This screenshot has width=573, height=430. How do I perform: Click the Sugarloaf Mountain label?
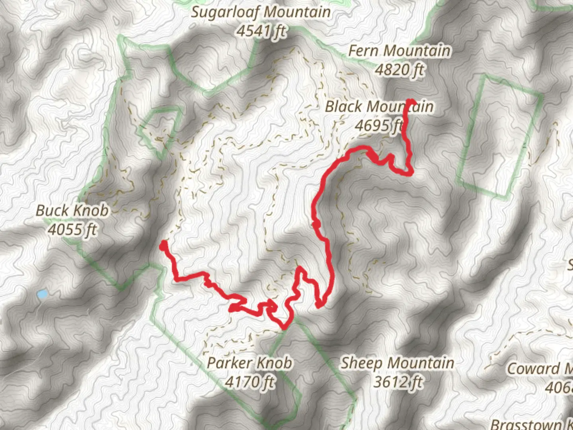(x=261, y=12)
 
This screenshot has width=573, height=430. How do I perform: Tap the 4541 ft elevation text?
(x=261, y=31)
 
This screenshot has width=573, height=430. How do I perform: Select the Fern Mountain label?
(x=400, y=51)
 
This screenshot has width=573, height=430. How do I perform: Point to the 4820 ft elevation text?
(x=400, y=70)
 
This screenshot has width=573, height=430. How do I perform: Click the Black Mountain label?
(x=379, y=107)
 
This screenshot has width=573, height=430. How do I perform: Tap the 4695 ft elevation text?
(x=379, y=126)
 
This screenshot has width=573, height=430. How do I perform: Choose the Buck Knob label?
(x=72, y=211)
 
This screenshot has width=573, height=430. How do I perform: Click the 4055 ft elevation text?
(x=72, y=229)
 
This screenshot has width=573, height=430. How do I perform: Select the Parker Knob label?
(x=250, y=363)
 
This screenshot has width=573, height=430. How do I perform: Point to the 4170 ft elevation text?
(x=250, y=382)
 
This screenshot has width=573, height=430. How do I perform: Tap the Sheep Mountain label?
(x=397, y=363)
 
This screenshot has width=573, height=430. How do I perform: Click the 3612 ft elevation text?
(x=397, y=382)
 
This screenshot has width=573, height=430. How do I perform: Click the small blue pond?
(x=42, y=295)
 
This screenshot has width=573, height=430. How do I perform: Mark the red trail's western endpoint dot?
(x=163, y=247)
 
